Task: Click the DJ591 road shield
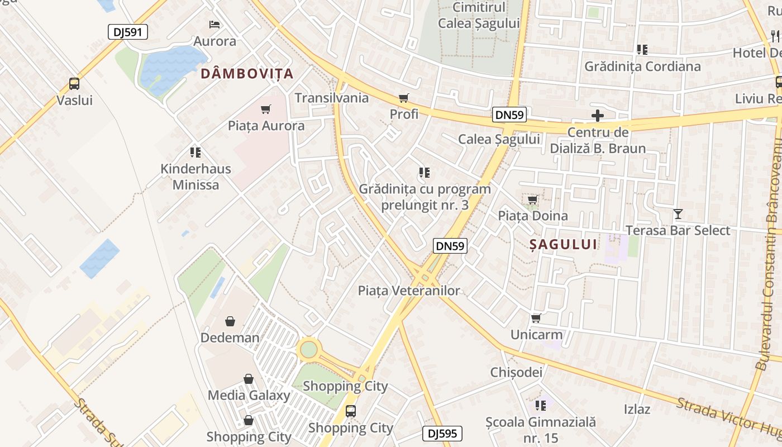pyautogui.click(x=128, y=32)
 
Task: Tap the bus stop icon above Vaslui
pyautogui.click(x=74, y=84)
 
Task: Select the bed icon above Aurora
pyautogui.click(x=214, y=25)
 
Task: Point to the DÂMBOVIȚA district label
pyautogui.click(x=247, y=73)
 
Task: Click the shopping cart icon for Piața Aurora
pyautogui.click(x=266, y=109)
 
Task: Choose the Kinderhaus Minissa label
pyautogui.click(x=195, y=177)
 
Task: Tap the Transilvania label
pyautogui.click(x=332, y=98)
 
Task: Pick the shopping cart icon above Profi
pyautogui.click(x=404, y=98)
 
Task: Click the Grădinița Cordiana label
pyautogui.click(x=642, y=66)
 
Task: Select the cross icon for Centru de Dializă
pyautogui.click(x=598, y=116)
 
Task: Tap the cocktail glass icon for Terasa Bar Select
pyautogui.click(x=678, y=214)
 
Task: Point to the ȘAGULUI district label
pyautogui.click(x=563, y=244)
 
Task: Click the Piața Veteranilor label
pyautogui.click(x=409, y=291)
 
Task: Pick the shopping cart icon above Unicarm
pyautogui.click(x=536, y=318)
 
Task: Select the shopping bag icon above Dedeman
pyautogui.click(x=230, y=321)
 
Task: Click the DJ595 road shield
pyautogui.click(x=442, y=434)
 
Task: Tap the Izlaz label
pyautogui.click(x=637, y=409)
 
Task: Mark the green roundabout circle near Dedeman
pyautogui.click(x=308, y=350)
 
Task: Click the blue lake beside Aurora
pyautogui.click(x=170, y=68)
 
